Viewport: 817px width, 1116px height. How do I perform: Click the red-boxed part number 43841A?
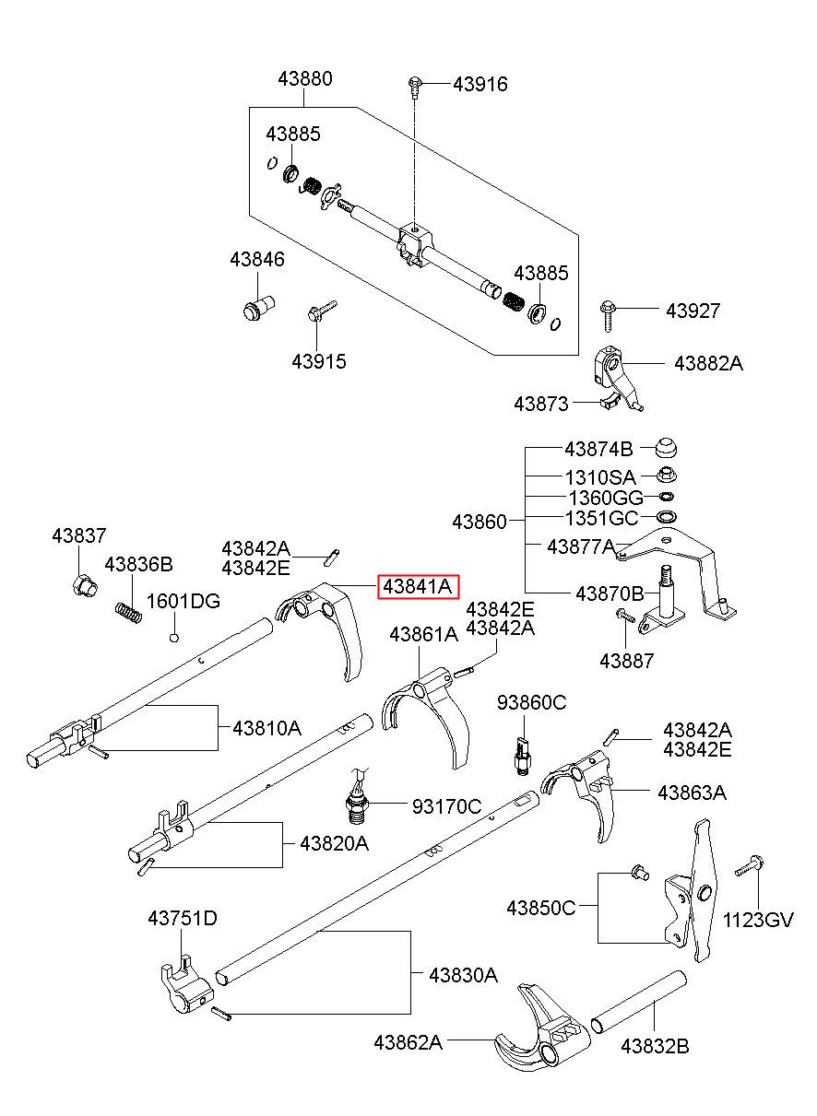(418, 587)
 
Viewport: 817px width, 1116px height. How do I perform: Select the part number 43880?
(305, 78)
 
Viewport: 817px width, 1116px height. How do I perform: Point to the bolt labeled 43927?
(608, 315)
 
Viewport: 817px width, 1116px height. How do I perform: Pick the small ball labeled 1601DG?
(174, 637)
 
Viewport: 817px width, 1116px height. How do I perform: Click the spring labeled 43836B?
(128, 612)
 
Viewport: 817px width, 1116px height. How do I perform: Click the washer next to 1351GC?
(667, 516)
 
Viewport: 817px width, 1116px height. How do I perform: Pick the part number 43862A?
(408, 1042)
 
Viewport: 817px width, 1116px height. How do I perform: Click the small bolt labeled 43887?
(625, 616)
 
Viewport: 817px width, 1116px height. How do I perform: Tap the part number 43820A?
(334, 843)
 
